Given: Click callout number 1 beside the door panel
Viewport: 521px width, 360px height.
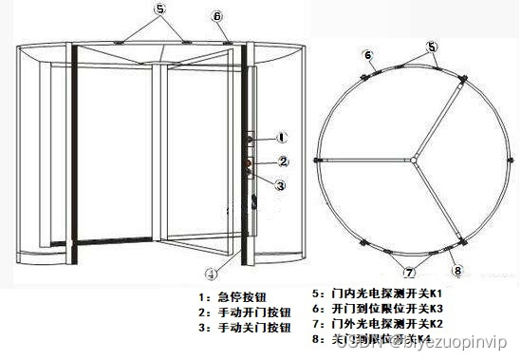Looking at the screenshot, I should click(x=282, y=139).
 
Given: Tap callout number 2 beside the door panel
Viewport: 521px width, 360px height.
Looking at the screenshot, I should click(x=283, y=161).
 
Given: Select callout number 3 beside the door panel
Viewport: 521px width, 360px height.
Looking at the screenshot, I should click(x=281, y=185).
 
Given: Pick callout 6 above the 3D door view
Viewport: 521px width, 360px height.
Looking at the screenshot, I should click(x=217, y=16).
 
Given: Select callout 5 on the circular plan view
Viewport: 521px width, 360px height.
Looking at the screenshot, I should click(x=432, y=47).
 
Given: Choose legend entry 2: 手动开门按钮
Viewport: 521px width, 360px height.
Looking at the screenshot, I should click(x=238, y=311).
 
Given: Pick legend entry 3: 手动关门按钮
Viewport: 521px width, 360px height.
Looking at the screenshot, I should click(x=238, y=327).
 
